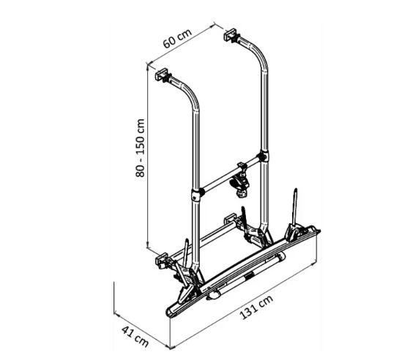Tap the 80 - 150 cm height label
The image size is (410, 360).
(140, 148)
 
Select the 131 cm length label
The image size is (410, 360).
(256, 307)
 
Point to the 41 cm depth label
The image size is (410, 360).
(135, 337)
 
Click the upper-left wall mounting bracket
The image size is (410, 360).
(162, 74)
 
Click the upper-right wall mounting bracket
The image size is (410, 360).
(231, 34)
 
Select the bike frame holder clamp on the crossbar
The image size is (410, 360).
(240, 183)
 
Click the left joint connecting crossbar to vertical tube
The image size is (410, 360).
(197, 194)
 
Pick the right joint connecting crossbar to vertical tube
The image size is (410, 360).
(264, 157)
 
